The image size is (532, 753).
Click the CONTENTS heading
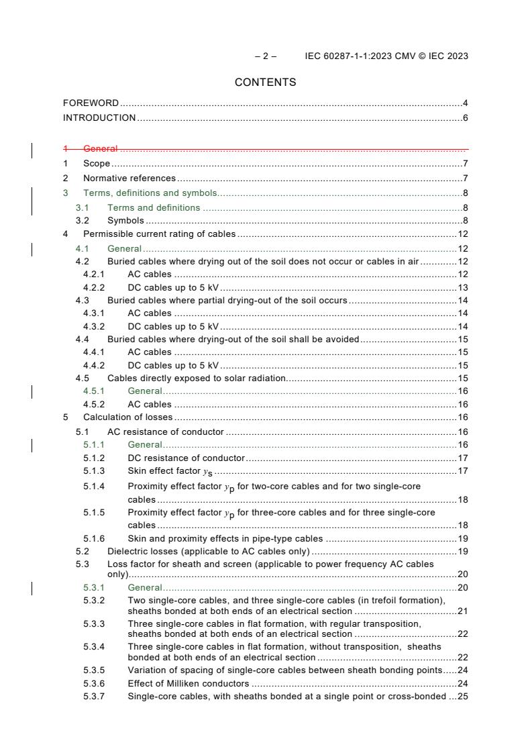point(266,83)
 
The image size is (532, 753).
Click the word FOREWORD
point(91,103)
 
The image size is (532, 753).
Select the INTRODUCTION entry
point(99,118)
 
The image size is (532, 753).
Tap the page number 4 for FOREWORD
point(465,103)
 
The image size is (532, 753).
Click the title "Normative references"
point(129,179)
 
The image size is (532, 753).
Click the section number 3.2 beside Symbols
point(83,220)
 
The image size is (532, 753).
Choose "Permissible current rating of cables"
point(159,234)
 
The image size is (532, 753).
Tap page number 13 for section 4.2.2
point(462,287)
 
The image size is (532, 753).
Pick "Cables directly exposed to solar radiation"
point(197,378)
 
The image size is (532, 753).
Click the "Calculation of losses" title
point(127,417)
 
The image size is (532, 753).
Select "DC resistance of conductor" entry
point(186,458)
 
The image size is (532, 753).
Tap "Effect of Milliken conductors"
point(188,683)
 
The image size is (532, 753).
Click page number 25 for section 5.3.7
point(462,697)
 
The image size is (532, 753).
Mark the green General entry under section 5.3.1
point(144,587)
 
